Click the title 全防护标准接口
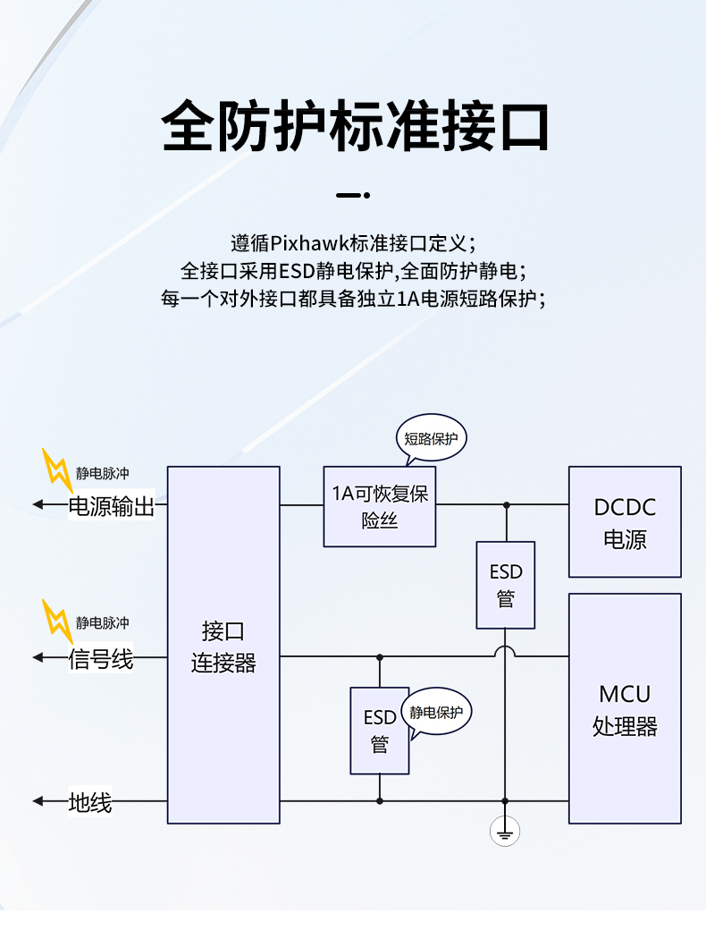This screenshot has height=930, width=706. pos(355,126)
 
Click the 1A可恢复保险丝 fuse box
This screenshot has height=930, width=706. pos(380,506)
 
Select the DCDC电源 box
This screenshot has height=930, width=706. pos(625,522)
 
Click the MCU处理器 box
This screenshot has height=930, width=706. pos(625,709)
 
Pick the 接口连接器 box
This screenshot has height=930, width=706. pos(223,645)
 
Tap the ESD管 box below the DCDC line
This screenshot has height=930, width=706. pos(506,585)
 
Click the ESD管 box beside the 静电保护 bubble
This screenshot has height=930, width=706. pos(380,731)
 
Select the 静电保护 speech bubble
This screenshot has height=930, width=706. pos(437,713)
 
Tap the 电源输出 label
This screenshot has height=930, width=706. pos(112,507)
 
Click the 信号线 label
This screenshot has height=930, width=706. pos(101,660)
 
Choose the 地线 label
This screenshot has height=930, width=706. pos(90,802)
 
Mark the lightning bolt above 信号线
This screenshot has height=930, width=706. pos(57,621)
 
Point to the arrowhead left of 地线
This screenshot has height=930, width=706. pos(38,800)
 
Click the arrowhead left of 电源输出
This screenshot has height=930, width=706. pos(38,504)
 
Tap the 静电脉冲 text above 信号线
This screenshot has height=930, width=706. pos(102,622)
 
